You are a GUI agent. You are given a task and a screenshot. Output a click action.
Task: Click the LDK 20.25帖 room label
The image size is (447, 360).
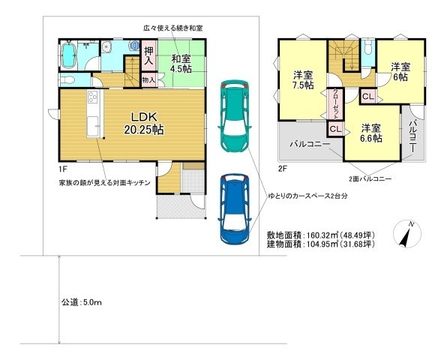144,123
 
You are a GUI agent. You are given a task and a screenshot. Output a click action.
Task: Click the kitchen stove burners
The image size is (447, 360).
93,98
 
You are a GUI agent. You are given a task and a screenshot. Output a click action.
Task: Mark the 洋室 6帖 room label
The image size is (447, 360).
400,72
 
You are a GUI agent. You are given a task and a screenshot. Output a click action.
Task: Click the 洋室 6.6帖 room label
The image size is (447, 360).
369,133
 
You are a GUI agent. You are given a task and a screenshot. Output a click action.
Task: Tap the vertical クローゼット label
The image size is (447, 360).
334,103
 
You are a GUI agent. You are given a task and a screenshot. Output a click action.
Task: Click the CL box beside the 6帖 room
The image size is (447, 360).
368,96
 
